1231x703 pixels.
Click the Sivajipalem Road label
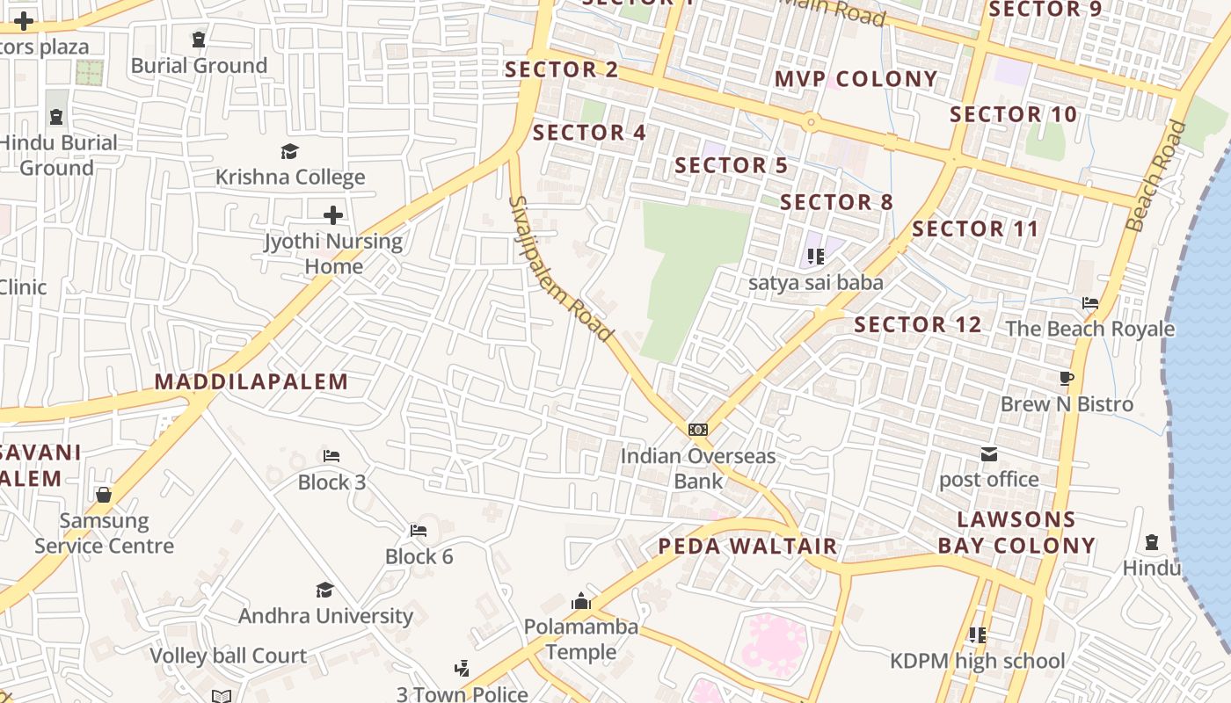559,268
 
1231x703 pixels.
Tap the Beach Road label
1155,176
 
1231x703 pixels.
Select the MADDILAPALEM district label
251,381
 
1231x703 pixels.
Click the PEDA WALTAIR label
747,547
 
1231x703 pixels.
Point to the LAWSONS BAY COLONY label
1016,533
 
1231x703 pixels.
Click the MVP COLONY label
856,79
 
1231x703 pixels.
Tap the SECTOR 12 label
917,324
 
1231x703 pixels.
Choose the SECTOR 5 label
731,165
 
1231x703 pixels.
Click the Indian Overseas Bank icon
698,430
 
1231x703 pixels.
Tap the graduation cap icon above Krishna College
290,152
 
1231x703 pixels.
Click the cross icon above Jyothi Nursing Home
333,214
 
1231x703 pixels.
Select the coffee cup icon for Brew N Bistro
1067,379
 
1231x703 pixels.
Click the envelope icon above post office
989,454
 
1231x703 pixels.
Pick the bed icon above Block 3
331,456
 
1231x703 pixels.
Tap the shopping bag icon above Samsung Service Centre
104,495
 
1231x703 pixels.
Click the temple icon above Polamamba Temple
580,602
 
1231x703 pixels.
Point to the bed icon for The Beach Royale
1090,303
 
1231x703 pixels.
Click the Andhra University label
325,616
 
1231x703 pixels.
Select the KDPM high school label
977,661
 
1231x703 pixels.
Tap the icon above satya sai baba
815,257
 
